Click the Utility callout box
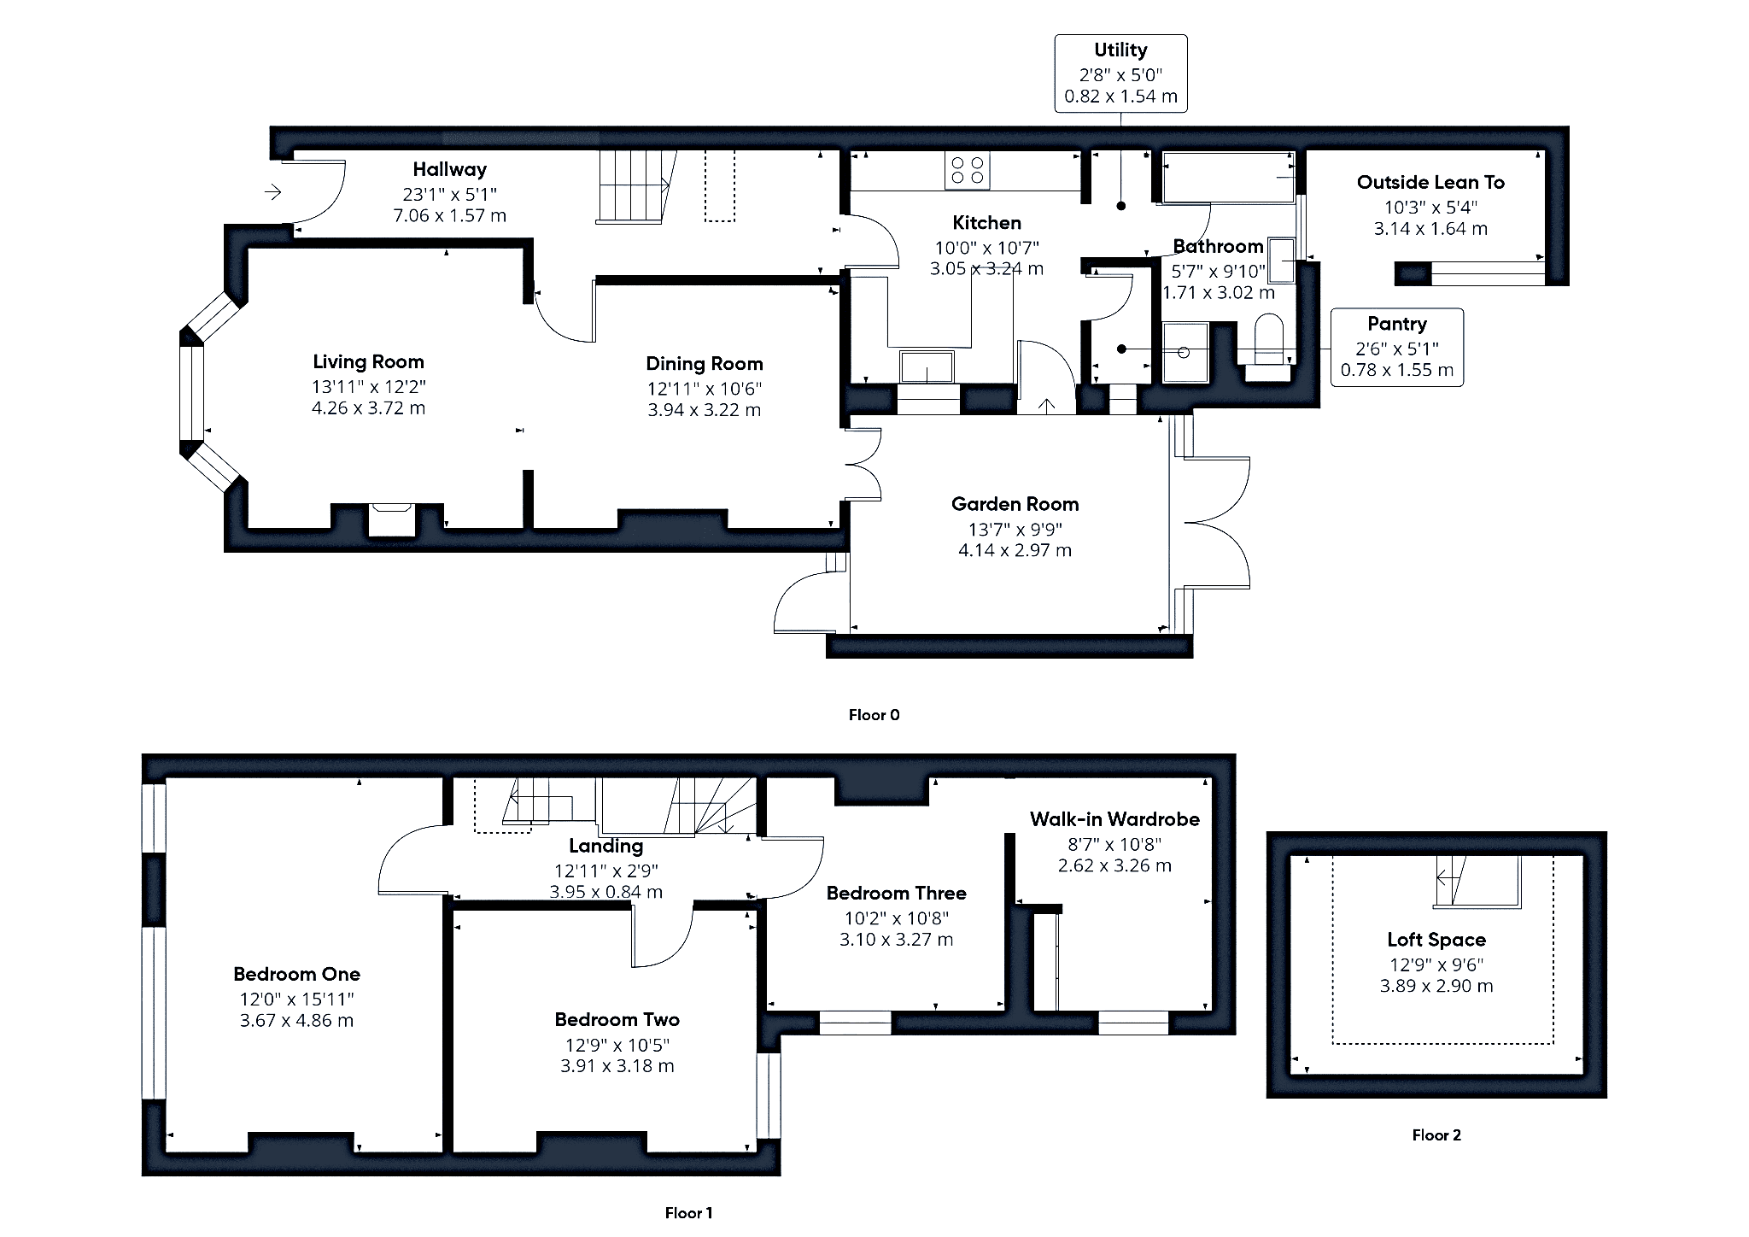coord(1120,73)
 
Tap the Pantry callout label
coord(1396,324)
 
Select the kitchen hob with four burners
coord(968,170)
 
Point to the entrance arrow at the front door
coord(272,192)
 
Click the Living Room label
coord(368,361)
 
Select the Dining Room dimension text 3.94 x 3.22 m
coord(704,410)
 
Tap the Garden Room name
coord(1015,504)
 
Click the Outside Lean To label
coord(1430,182)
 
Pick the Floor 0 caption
coord(874,715)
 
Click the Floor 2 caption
coord(1436,1135)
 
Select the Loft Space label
coord(1436,940)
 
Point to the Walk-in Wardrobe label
coord(1114,819)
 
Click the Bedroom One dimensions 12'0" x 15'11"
coord(296,999)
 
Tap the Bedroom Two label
coord(617,1019)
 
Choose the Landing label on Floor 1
coord(605,846)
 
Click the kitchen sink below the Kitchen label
coord(927,366)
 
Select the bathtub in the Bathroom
coord(1228,178)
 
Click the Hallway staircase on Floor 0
coord(632,186)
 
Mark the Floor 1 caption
coord(688,1213)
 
